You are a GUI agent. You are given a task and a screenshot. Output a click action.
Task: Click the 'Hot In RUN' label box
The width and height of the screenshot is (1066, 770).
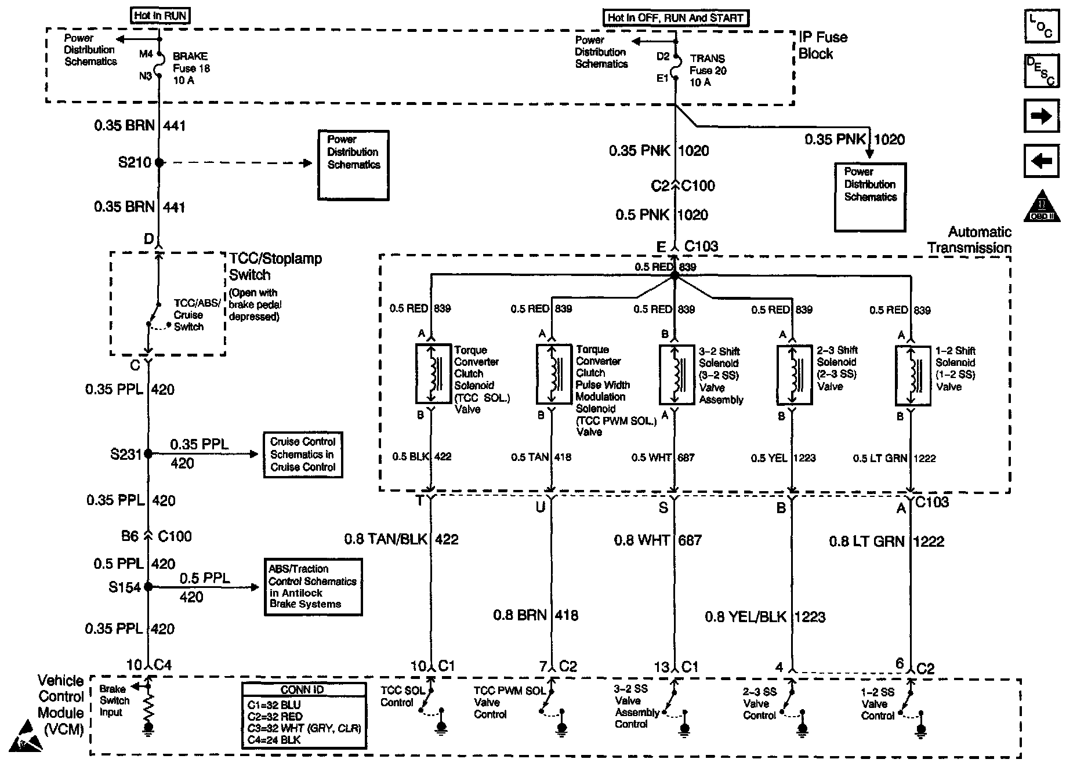160,16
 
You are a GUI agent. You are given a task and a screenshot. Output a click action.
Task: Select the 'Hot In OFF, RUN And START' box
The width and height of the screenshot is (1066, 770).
675,18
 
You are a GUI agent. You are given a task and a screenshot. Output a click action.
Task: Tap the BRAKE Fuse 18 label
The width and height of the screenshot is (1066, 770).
191,68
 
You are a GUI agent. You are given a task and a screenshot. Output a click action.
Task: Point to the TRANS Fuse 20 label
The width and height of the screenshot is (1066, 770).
708,71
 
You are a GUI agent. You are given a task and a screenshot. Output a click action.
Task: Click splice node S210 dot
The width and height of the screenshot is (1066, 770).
159,163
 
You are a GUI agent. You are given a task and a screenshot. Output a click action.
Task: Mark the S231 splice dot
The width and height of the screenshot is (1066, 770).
148,454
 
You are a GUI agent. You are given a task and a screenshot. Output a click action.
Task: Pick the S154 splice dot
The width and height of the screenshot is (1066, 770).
148,587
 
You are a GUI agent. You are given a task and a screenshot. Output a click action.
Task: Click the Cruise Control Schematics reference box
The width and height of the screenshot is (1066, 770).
303,455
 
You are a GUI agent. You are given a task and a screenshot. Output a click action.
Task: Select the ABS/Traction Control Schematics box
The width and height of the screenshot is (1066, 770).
313,587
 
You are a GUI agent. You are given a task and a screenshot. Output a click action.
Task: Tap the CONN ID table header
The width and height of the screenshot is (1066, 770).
303,690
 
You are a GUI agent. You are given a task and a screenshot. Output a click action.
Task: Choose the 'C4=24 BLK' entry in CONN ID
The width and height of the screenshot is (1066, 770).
274,739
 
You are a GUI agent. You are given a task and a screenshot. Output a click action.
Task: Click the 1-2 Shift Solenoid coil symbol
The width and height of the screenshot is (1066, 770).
913,376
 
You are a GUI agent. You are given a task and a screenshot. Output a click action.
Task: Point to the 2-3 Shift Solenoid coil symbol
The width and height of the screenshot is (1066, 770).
794,375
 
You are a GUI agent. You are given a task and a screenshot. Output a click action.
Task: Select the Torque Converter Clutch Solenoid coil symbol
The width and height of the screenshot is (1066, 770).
433,374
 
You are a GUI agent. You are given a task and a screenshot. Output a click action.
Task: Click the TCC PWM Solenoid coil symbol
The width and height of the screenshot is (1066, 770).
553,375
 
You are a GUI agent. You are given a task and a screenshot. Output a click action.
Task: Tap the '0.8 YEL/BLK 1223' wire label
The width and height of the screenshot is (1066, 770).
764,617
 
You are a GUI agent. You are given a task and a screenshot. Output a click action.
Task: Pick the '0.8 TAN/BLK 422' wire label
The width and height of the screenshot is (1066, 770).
401,540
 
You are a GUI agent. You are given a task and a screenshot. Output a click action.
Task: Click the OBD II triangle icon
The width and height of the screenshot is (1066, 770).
1042,206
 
